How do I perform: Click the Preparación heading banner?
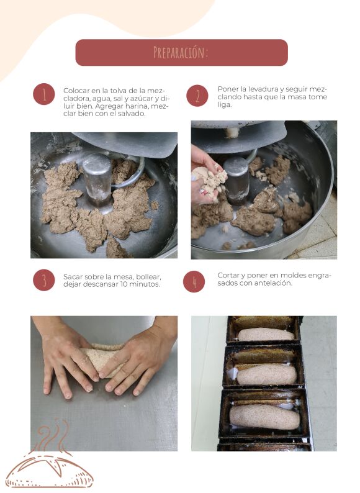click(x=181, y=53)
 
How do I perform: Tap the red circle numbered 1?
click(x=44, y=94)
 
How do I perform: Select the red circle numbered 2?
click(x=197, y=96)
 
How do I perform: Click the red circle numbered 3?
click(x=44, y=280)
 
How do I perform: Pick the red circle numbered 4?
click(x=194, y=281)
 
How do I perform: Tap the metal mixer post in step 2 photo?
click(x=236, y=180)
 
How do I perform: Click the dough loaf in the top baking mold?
click(x=266, y=335)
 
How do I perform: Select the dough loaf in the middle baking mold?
click(x=267, y=374)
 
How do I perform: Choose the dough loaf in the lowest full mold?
click(x=264, y=417)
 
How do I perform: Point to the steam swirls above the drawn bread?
click(x=53, y=435)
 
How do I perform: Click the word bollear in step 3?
click(x=148, y=277)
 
